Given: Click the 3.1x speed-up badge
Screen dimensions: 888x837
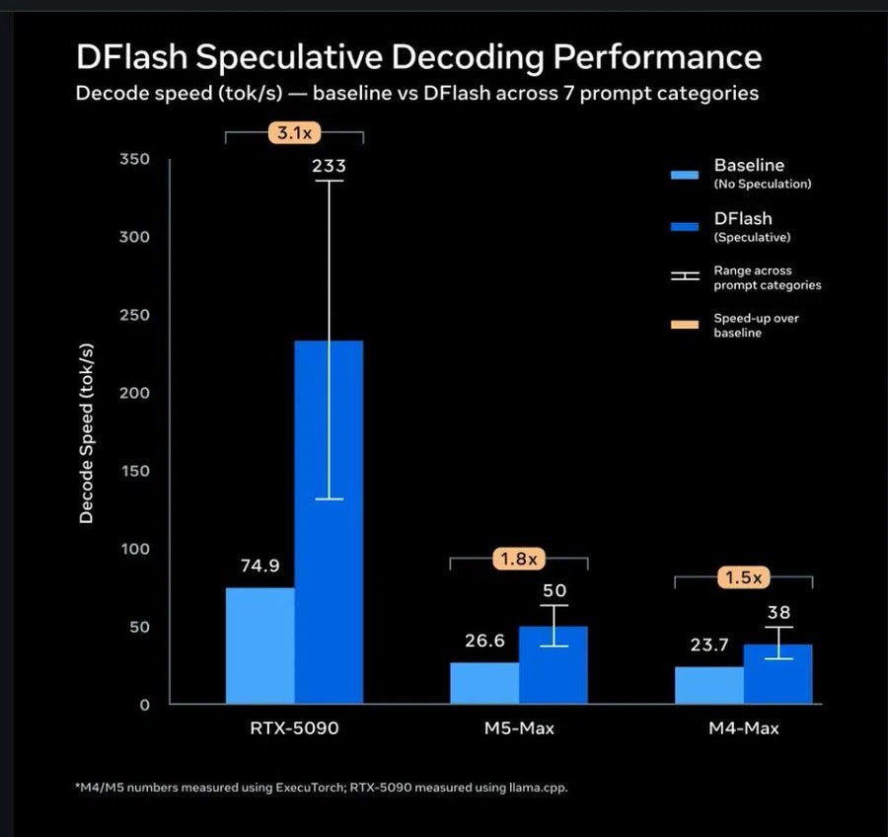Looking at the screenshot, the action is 294,132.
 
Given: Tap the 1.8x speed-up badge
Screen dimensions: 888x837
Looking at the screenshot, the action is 519,559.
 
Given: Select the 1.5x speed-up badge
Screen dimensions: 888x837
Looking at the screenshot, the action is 744,577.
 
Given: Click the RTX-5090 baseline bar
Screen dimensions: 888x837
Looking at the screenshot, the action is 259,646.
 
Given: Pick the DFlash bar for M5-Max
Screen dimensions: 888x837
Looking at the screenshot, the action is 554,664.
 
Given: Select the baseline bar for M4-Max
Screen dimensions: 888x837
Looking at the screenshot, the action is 709,685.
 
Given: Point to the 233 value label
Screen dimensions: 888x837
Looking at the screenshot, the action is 329,166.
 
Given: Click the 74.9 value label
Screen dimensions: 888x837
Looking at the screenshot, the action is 259,566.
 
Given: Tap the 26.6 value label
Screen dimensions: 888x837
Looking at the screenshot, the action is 484,641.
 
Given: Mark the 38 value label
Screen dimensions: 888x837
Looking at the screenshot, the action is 778,613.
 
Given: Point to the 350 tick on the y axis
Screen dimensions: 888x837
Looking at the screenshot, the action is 135,159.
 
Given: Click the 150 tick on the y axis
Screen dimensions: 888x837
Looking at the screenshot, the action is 135,471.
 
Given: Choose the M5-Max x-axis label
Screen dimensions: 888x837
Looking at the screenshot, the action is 519,728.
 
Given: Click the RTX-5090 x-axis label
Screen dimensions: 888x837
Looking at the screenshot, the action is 294,728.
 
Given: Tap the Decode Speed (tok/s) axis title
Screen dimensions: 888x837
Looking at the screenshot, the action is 86,433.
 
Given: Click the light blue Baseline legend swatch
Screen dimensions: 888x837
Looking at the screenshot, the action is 685,175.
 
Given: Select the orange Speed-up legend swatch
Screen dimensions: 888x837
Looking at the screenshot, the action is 685,325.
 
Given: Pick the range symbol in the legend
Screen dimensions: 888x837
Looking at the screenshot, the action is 685,276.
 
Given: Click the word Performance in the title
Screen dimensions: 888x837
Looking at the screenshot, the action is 657,57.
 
